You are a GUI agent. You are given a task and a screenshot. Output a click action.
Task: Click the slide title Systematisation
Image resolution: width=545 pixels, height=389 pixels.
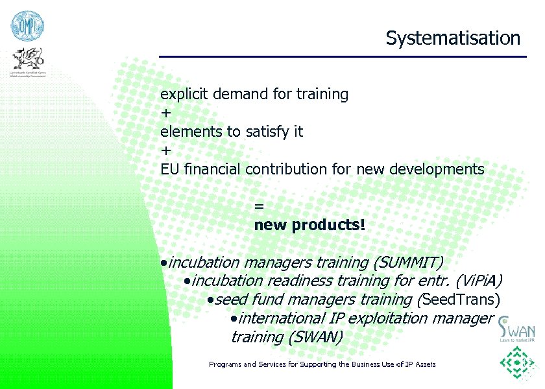[453, 38]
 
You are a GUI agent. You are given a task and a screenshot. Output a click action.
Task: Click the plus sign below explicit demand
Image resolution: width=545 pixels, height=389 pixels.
[166, 113]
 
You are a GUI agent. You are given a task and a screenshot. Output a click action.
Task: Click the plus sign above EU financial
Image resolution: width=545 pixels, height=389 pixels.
[166, 150]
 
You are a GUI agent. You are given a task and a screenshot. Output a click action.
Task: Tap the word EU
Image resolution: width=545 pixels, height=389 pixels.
[170, 170]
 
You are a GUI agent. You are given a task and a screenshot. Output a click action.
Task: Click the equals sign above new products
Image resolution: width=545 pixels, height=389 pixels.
[259, 206]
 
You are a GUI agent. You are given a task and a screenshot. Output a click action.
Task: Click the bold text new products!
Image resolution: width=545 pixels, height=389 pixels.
[309, 226]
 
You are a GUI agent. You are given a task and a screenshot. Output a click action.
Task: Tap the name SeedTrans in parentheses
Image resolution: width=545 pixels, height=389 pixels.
[461, 300]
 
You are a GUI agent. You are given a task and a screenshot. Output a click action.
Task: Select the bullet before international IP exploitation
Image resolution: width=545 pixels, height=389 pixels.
[234, 319]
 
